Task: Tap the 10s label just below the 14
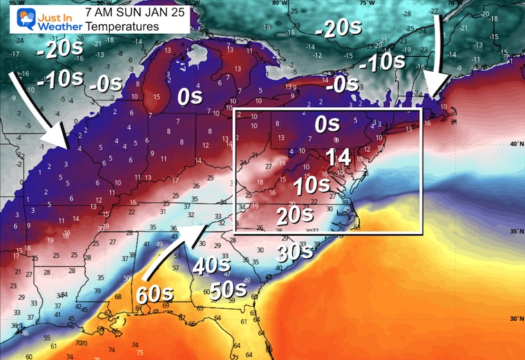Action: click(x=330, y=186)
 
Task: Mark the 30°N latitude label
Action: click(x=515, y=319)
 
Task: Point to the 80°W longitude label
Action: click(x=279, y=3)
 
